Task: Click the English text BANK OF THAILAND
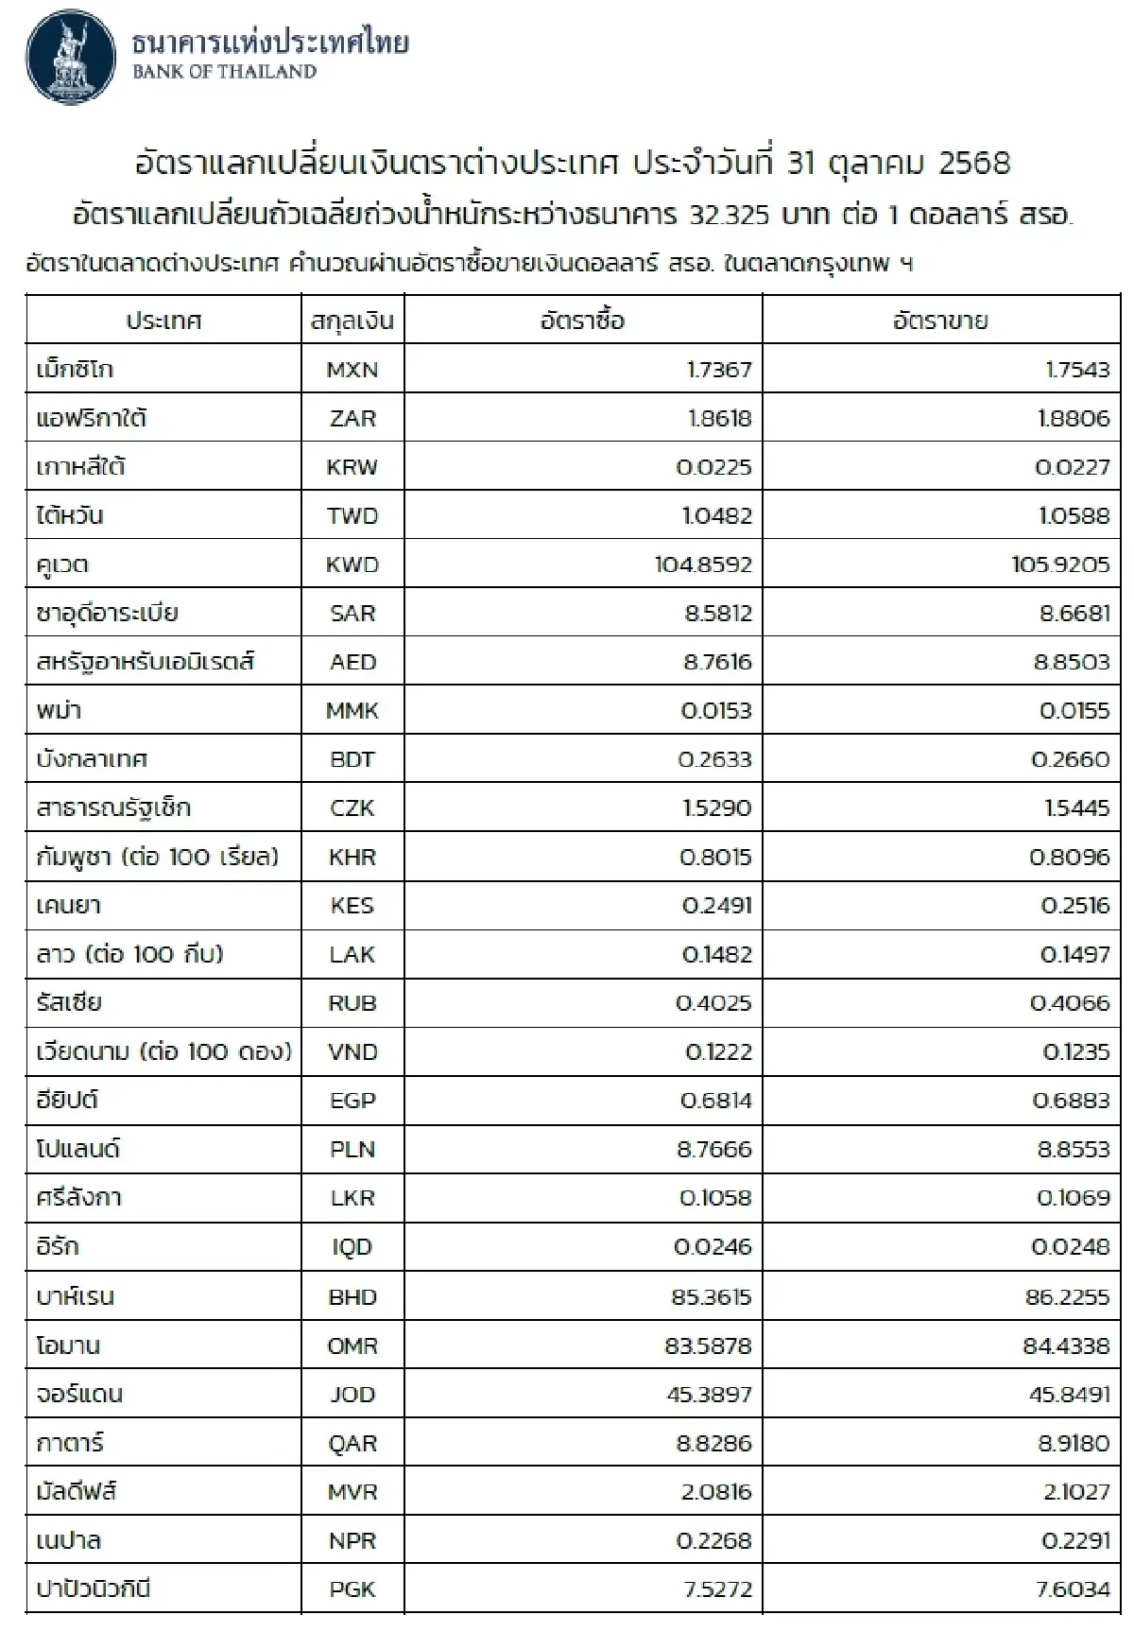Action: pos(224,72)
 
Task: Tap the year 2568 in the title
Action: pos(974,163)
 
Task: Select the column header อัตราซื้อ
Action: pos(582,321)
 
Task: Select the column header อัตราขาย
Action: pos(940,321)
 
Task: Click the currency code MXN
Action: pos(352,370)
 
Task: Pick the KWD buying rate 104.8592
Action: pos(703,565)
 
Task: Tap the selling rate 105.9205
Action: pos(1060,565)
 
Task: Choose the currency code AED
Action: pos(352,663)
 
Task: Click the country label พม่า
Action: pos(59,711)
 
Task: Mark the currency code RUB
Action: pos(352,1003)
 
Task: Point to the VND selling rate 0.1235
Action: pos(1075,1052)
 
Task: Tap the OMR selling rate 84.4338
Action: pos(1066,1346)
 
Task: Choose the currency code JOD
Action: pos(352,1395)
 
